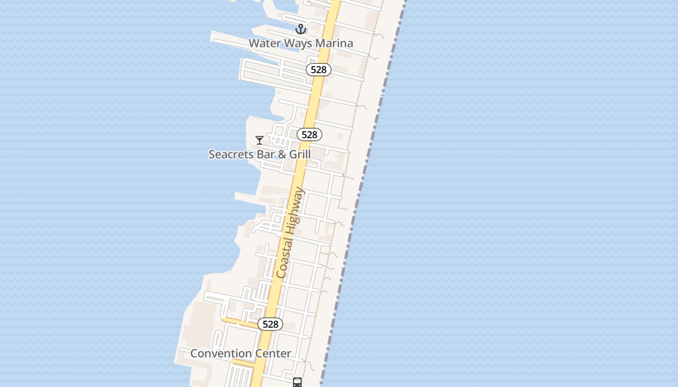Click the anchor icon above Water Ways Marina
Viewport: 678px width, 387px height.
(x=301, y=29)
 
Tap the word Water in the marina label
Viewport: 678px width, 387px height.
(x=264, y=43)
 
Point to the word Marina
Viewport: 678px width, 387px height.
(x=334, y=43)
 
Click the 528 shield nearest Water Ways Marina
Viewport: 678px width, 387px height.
(x=318, y=70)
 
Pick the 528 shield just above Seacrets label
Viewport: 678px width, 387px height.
(x=309, y=134)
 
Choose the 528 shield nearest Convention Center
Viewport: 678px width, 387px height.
(x=270, y=324)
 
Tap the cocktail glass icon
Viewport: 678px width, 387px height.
(x=260, y=140)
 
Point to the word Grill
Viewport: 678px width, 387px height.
(x=300, y=154)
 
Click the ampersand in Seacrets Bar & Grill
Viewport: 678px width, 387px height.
(x=282, y=154)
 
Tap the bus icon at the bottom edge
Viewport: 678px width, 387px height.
(x=297, y=382)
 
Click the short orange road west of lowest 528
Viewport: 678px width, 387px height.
(x=240, y=322)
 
